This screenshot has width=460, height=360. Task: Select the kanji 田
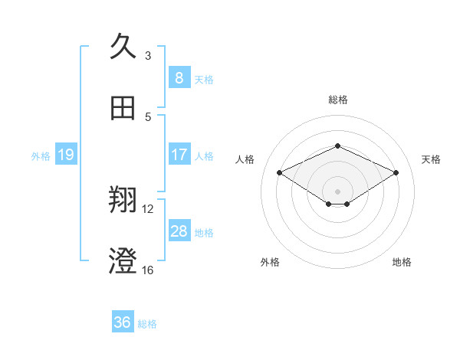pyautogui.click(x=123, y=108)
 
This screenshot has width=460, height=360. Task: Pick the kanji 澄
pyautogui.click(x=123, y=261)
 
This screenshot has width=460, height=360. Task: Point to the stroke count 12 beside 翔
pyautogui.click(x=148, y=208)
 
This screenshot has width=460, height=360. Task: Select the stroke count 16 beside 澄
pyautogui.click(x=148, y=270)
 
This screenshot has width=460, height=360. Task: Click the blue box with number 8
pyautogui.click(x=179, y=77)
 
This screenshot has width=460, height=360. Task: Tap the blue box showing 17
pyautogui.click(x=179, y=154)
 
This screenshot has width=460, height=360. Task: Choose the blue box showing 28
pyautogui.click(x=179, y=231)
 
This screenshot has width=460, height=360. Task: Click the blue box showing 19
pyautogui.click(x=65, y=155)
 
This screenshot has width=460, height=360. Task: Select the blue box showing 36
pyautogui.click(x=122, y=322)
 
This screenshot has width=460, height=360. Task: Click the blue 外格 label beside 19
pyautogui.click(x=41, y=155)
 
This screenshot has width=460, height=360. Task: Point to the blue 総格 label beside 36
pyautogui.click(x=147, y=324)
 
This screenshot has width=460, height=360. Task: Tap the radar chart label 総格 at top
pyautogui.click(x=337, y=100)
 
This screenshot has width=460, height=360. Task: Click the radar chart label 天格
pyautogui.click(x=431, y=159)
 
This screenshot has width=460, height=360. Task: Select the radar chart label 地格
pyautogui.click(x=402, y=262)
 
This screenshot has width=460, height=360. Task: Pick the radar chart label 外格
pyautogui.click(x=270, y=262)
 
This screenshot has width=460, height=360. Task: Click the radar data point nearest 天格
pyautogui.click(x=396, y=172)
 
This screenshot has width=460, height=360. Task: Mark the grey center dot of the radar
pyautogui.click(x=337, y=191)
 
